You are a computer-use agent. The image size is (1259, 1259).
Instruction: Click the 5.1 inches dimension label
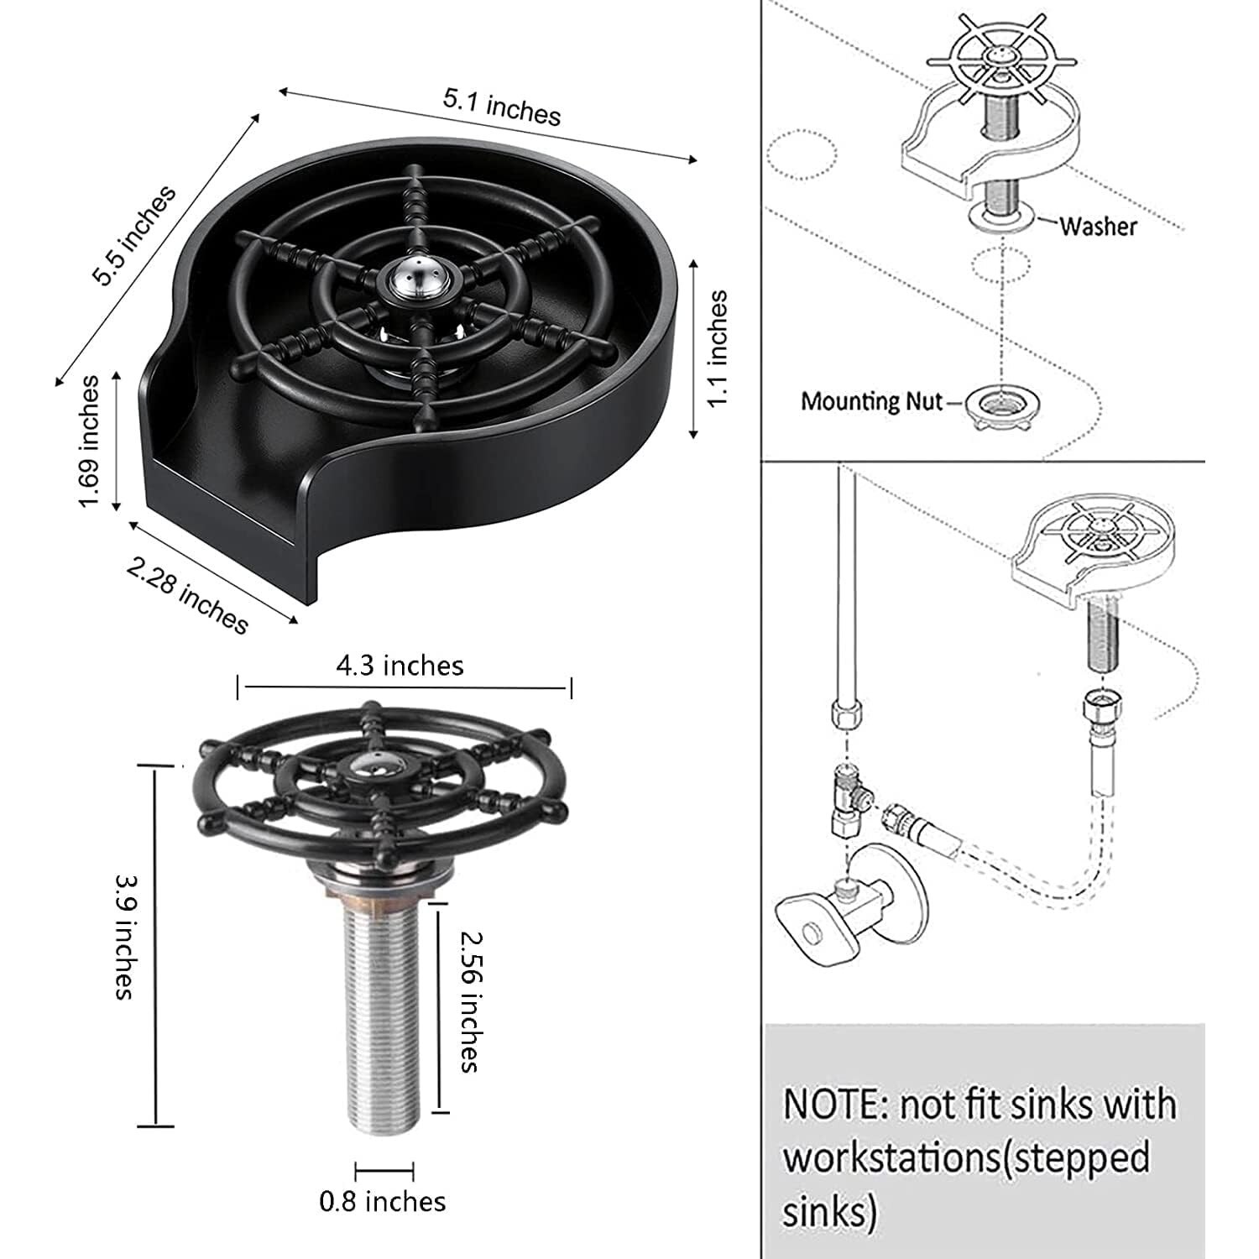[501, 107]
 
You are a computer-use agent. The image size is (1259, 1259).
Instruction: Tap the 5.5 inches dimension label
[133, 236]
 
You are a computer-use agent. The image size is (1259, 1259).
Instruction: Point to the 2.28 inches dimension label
[188, 596]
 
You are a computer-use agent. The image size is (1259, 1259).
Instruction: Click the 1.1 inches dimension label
[718, 349]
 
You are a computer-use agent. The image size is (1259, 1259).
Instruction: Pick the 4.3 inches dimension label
[400, 666]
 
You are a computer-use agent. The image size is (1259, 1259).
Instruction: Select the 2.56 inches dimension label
[470, 1000]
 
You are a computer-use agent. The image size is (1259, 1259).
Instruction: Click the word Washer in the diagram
[1098, 226]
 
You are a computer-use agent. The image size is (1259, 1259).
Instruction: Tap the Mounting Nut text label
[872, 401]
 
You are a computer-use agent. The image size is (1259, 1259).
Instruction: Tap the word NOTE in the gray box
[833, 1104]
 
